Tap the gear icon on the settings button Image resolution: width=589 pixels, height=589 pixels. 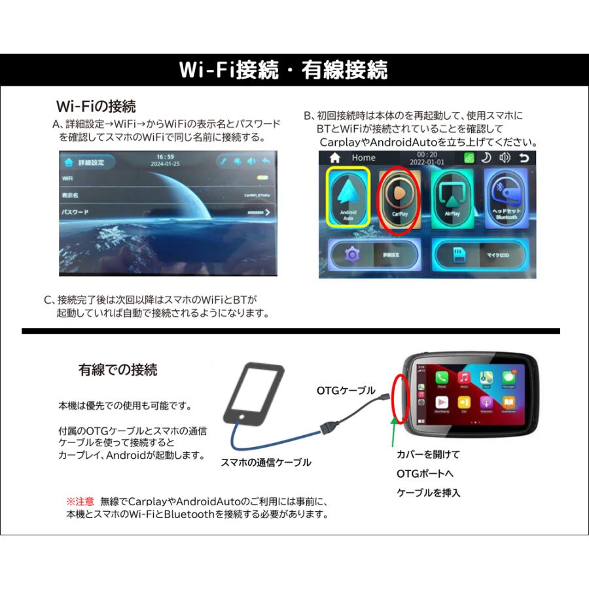click(x=354, y=255)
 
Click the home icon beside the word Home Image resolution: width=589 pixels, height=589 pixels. click(x=334, y=158)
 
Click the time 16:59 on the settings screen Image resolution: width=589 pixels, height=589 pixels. click(x=166, y=156)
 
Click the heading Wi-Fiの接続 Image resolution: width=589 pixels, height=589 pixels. click(x=96, y=106)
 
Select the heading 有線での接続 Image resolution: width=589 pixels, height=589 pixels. click(x=118, y=370)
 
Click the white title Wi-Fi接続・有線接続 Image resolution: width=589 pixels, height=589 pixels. click(x=283, y=69)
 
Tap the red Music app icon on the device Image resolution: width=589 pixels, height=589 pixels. click(x=464, y=378)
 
